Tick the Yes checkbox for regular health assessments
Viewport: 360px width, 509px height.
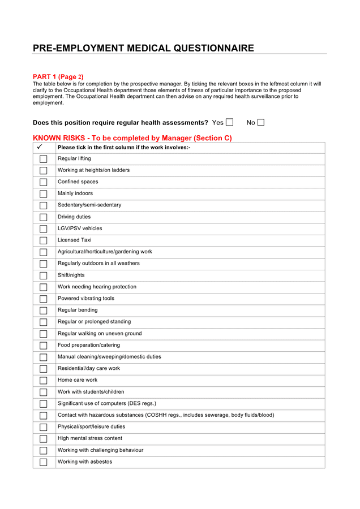(x=229, y=122)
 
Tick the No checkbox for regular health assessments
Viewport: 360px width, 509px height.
(x=261, y=122)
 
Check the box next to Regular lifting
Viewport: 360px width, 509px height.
(x=44, y=159)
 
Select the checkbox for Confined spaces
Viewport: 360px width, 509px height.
(x=44, y=182)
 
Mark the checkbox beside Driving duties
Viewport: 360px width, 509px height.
(x=44, y=217)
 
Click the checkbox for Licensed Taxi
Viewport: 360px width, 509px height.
(x=44, y=240)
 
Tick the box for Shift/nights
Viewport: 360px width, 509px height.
(x=44, y=275)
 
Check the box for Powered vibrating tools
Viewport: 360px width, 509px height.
(x=44, y=299)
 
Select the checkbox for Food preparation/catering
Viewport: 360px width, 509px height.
(x=44, y=346)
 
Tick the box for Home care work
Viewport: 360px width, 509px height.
(x=44, y=381)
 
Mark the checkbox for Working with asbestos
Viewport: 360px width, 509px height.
(x=44, y=462)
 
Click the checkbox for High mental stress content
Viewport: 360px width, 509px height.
(x=44, y=439)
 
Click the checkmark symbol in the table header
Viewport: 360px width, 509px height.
(x=40, y=147)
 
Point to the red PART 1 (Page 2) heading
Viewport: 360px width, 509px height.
(x=58, y=77)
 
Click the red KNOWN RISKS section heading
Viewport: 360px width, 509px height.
(x=132, y=138)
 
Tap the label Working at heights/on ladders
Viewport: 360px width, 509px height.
(x=93, y=170)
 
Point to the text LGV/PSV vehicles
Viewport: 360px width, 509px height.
(x=80, y=228)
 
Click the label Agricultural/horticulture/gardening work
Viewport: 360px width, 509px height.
(x=105, y=252)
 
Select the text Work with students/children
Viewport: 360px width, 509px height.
(x=91, y=392)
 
